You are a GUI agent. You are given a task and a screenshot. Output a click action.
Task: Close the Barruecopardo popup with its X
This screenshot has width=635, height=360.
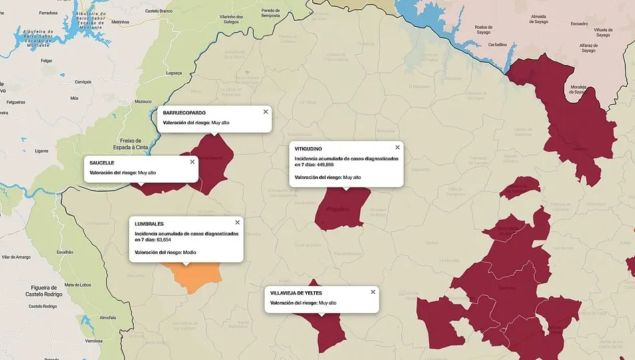[265, 112]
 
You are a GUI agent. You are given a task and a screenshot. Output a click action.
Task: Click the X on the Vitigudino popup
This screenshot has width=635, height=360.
[397, 147]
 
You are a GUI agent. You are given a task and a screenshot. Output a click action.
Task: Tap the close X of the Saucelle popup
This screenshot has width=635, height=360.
[193, 162]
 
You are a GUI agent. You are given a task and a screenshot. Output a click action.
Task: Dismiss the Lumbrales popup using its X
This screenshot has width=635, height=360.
[237, 222]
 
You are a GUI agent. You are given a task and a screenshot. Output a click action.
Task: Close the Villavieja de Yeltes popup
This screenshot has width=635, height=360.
[373, 292]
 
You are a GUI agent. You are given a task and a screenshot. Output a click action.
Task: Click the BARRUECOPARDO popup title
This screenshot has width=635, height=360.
[184, 113]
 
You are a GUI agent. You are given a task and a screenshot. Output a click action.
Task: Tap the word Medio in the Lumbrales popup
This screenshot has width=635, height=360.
[190, 252]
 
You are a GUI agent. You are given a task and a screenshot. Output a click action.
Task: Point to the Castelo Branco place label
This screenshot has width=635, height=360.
[160, 11]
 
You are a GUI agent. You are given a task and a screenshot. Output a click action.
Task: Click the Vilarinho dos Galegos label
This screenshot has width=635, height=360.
[231, 19]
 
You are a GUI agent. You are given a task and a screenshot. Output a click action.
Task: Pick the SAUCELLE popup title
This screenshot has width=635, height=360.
[102, 163]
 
